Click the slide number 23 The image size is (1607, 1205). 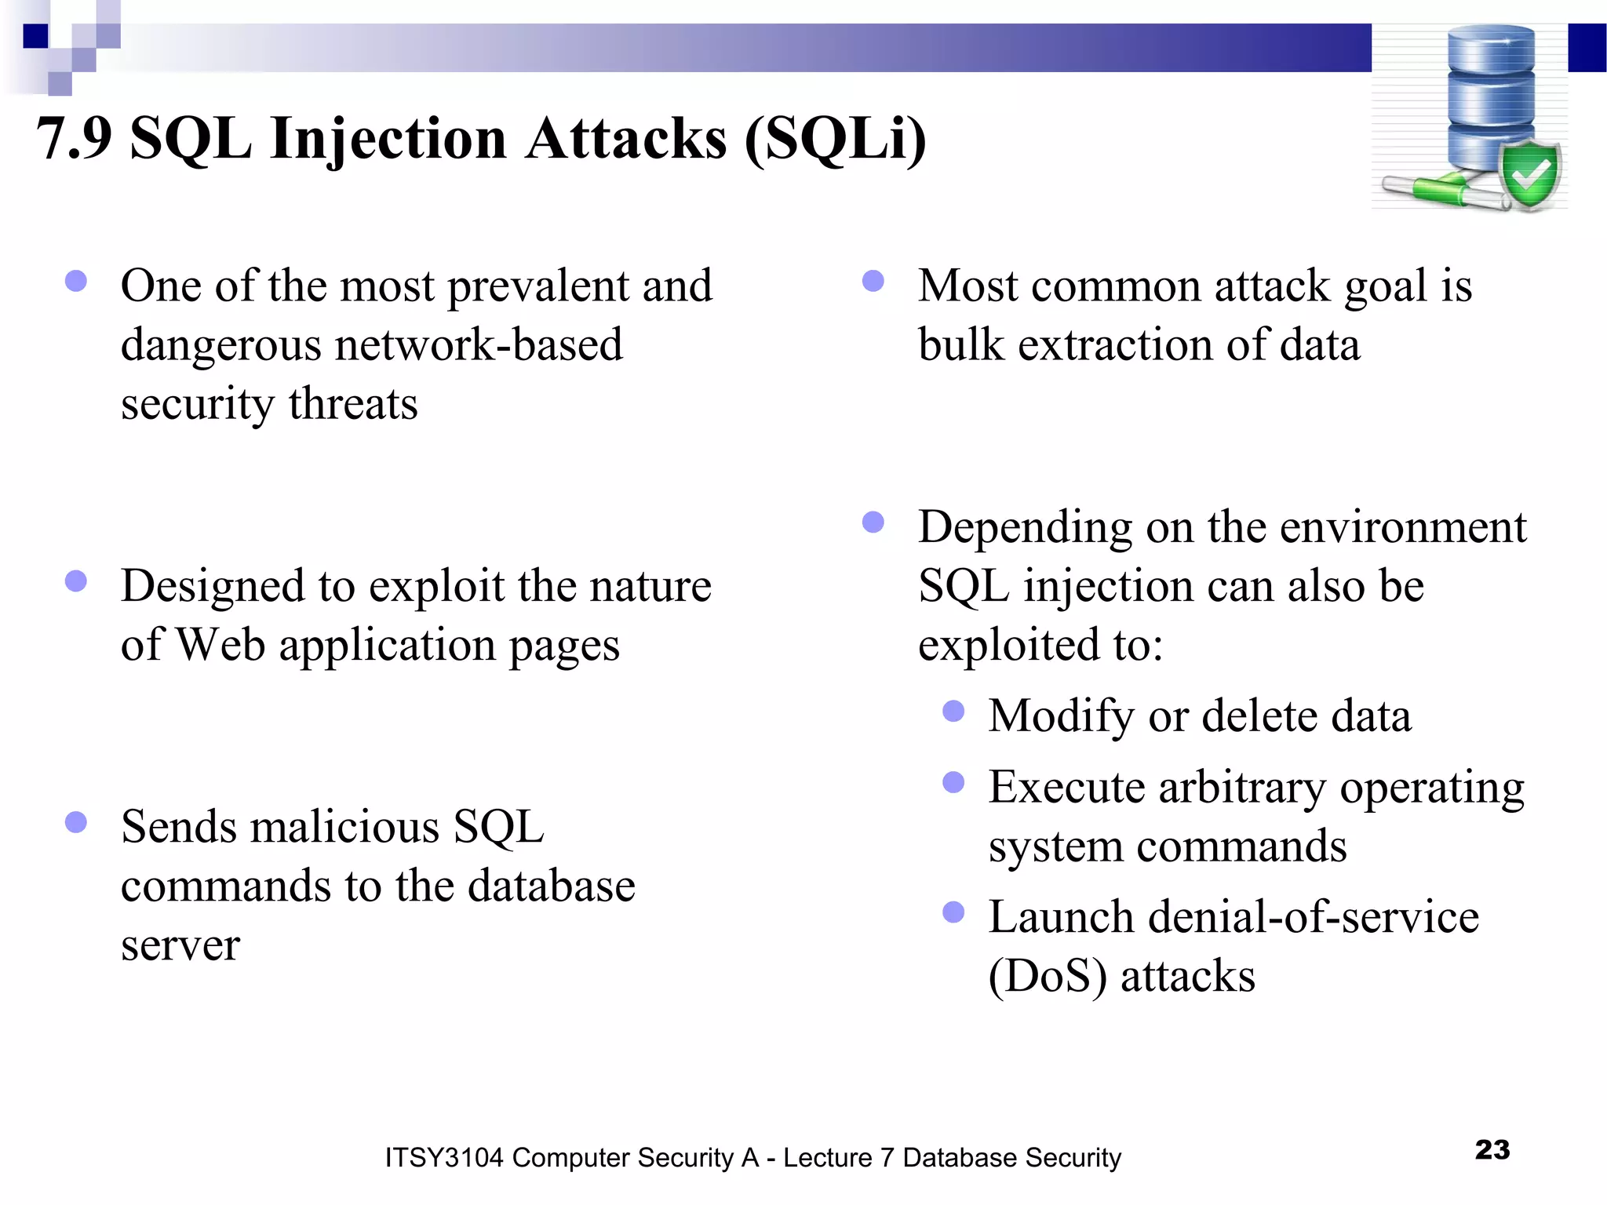tap(1492, 1149)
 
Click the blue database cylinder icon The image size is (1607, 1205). tap(1490, 94)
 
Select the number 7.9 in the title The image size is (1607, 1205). tap(75, 139)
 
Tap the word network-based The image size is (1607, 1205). tap(479, 345)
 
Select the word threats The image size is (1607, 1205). tap(353, 404)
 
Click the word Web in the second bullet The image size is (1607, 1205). tap(220, 645)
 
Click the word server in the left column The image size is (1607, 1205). tap(180, 945)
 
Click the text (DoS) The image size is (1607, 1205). tap(1048, 977)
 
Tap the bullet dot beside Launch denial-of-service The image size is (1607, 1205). tap(953, 912)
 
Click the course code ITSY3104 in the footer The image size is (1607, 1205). tap(443, 1158)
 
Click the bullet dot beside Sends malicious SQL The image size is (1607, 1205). tap(76, 822)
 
